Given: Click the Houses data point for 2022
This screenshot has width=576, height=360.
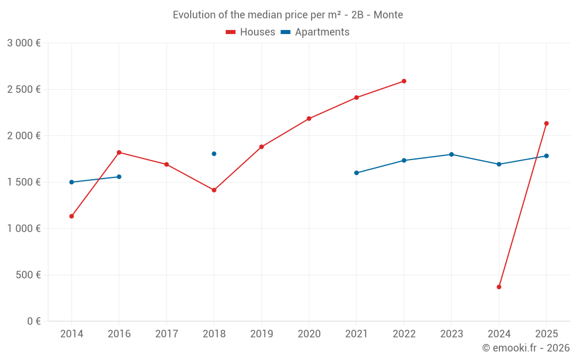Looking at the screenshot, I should [x=404, y=81].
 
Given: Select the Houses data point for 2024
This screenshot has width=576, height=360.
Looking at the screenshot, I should [x=499, y=287].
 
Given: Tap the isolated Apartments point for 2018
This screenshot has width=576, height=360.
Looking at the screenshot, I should [x=214, y=154].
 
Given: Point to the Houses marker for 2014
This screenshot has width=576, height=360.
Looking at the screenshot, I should [x=71, y=216].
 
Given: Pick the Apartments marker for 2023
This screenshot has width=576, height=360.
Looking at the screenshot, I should [x=452, y=154].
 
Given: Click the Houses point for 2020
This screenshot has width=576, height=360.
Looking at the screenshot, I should [x=309, y=119].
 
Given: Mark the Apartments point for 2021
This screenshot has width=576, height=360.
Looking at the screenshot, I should [x=357, y=173].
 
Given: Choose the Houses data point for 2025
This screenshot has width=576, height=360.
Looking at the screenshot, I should [x=547, y=123].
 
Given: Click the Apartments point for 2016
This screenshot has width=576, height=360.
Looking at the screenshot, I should [x=119, y=177].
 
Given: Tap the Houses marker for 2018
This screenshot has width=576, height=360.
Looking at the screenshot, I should [x=214, y=190].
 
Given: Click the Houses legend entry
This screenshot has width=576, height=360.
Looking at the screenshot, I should [x=251, y=32].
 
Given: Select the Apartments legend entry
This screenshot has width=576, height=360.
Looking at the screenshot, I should [x=315, y=32].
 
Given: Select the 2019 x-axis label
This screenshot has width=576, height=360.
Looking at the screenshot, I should [x=262, y=334].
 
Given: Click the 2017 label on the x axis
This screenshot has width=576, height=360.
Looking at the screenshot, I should [x=166, y=334].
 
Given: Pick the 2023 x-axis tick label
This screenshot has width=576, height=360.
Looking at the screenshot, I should [x=452, y=334].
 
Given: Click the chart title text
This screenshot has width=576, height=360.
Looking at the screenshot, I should [x=288, y=15].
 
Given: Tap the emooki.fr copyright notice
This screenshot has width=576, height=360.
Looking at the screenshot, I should [x=525, y=348].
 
